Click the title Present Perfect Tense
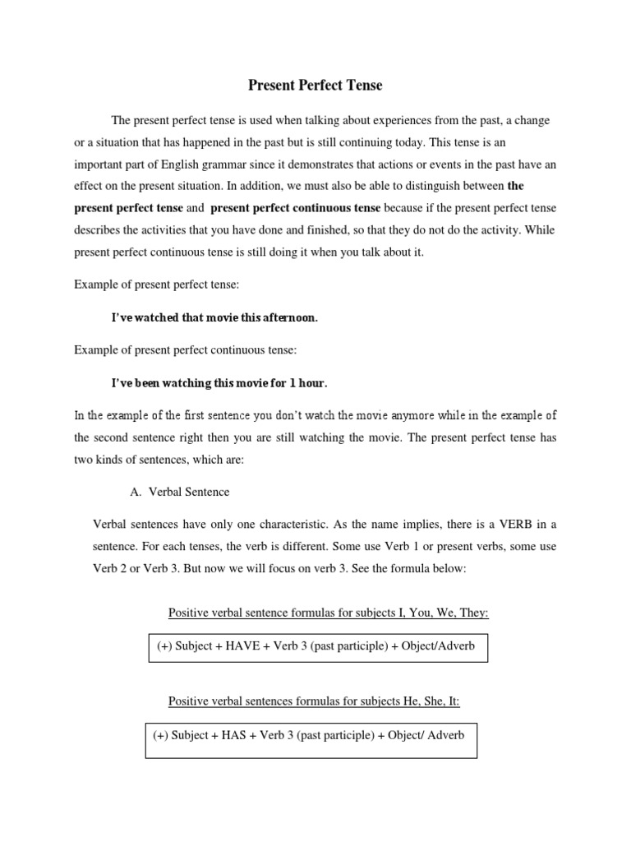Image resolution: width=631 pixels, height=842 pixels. pyautogui.click(x=316, y=85)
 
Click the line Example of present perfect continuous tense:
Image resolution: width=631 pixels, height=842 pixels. pyautogui.click(x=185, y=349)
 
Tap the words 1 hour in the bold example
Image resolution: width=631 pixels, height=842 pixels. pyautogui.click(x=312, y=383)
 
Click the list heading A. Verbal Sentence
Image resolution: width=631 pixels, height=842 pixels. pyautogui.click(x=180, y=492)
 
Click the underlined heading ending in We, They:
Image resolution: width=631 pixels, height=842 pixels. pyautogui.click(x=329, y=613)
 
